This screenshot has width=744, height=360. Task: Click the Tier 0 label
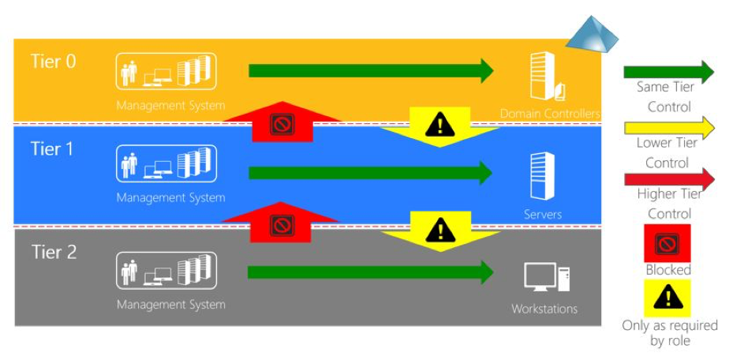pos(53,62)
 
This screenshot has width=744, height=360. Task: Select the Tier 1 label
pos(52,149)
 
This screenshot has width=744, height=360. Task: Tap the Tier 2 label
pos(54,252)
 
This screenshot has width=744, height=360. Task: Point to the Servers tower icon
pos(543,176)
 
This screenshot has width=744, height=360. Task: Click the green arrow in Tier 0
pos(371,71)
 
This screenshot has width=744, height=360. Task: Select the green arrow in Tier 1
pos(371,173)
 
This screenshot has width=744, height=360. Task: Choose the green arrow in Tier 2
pos(371,272)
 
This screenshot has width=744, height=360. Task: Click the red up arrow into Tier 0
pos(282,122)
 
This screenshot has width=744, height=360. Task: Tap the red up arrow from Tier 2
pos(281,223)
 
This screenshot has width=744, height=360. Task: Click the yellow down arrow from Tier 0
pos(439,127)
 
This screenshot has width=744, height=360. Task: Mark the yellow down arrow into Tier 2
pos(441,231)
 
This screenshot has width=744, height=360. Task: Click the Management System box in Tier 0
pos(166,71)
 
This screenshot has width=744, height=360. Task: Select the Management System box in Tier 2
pos(166,271)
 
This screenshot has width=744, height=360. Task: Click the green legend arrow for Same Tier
pos(669,72)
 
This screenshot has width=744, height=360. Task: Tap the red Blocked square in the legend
pos(667,243)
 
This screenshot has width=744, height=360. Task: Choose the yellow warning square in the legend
pos(667,298)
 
